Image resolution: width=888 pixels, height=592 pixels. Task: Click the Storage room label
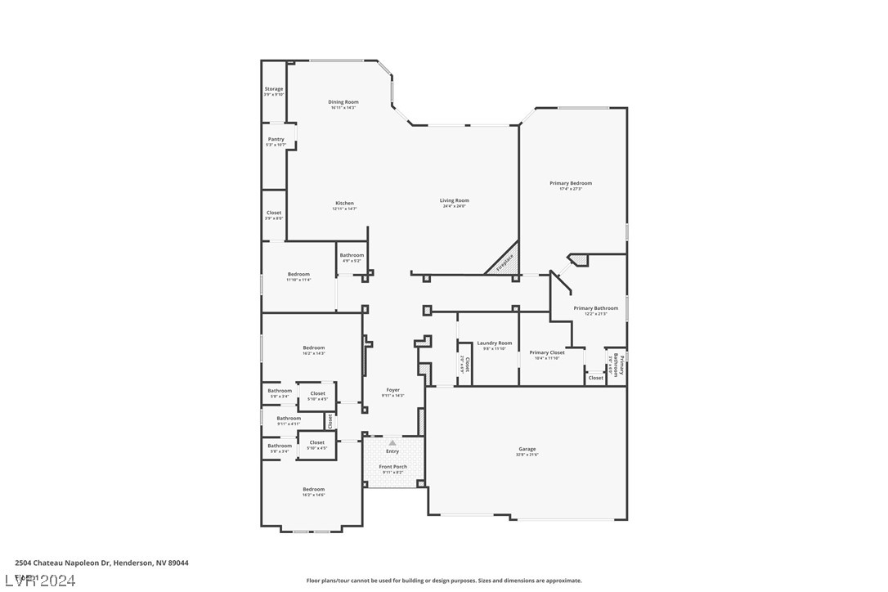273,89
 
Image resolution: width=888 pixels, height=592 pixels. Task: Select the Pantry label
276,139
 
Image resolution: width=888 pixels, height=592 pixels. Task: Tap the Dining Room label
343,102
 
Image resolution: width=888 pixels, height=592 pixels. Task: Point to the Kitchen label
344,203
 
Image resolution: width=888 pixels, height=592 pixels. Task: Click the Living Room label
454,200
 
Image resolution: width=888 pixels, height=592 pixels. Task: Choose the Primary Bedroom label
570,183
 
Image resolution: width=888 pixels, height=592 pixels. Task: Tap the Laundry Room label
494,343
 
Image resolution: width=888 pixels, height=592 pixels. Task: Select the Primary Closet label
546,352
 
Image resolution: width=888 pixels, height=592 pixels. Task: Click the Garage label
527,449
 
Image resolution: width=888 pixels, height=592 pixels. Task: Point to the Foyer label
392,390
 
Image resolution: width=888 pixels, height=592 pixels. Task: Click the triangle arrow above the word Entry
392,442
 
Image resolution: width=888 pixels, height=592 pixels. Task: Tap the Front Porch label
392,467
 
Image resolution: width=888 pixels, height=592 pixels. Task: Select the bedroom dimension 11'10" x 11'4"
298,280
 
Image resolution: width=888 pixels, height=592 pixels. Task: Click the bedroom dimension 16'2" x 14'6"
313,495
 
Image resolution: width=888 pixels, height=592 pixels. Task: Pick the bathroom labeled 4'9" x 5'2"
352,261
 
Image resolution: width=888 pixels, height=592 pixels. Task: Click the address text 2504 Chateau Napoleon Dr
70,563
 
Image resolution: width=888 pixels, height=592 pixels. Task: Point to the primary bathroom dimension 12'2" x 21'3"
595,314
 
